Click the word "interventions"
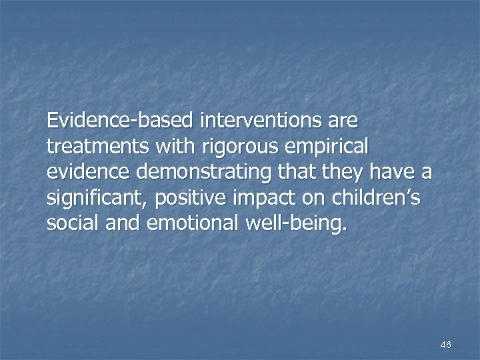coord(255,121)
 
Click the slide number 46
coord(446,345)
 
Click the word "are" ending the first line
coord(343,121)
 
